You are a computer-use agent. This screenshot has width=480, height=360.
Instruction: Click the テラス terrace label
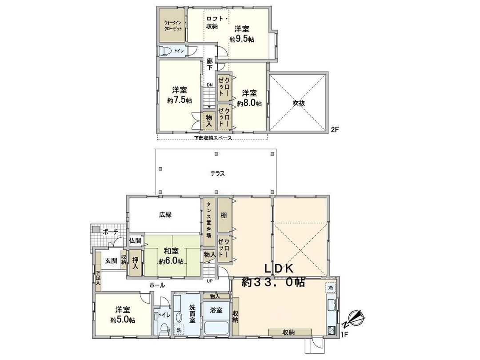pyautogui.click(x=217, y=174)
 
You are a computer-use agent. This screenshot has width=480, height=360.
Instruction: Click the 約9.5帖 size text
pyautogui.click(x=242, y=40)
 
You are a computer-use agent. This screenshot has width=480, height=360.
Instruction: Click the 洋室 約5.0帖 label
pyautogui.click(x=123, y=315)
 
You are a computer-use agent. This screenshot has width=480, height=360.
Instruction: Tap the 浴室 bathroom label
pyautogui.click(x=216, y=310)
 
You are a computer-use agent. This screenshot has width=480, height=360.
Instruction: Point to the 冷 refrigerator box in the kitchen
pyautogui.click(x=330, y=288)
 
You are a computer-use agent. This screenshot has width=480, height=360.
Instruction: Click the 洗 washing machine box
pyautogui.click(x=179, y=330)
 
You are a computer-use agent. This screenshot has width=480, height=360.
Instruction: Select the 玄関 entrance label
pyautogui.click(x=111, y=261)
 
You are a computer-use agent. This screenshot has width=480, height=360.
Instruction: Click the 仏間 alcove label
pyautogui.click(x=136, y=240)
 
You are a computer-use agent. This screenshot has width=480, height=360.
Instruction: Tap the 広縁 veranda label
pyautogui.click(x=165, y=215)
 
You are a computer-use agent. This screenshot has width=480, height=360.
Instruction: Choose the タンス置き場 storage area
pyautogui.click(x=208, y=222)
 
